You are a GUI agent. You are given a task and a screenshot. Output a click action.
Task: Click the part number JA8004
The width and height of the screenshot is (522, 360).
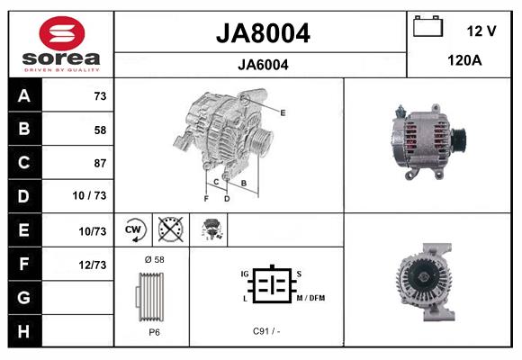(263, 33)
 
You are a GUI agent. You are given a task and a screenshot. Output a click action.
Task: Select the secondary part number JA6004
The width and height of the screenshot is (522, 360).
(263, 64)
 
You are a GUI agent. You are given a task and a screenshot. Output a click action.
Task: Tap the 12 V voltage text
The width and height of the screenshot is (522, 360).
(481, 31)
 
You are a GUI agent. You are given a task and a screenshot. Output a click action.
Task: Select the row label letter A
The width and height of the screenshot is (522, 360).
(22, 96)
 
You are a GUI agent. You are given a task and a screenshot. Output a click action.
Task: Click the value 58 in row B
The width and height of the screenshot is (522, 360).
(99, 130)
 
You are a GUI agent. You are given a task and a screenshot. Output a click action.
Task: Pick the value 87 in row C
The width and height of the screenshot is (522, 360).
(99, 163)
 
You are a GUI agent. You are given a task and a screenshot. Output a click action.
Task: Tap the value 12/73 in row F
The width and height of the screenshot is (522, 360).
(93, 264)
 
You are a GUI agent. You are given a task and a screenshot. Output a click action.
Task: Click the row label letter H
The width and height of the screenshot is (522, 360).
(22, 331)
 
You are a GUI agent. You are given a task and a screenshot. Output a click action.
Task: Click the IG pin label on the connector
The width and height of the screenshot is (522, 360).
(244, 272)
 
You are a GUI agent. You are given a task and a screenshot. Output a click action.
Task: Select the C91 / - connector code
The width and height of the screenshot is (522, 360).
(266, 331)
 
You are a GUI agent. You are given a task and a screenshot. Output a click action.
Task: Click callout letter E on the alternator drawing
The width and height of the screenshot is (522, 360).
(283, 112)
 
